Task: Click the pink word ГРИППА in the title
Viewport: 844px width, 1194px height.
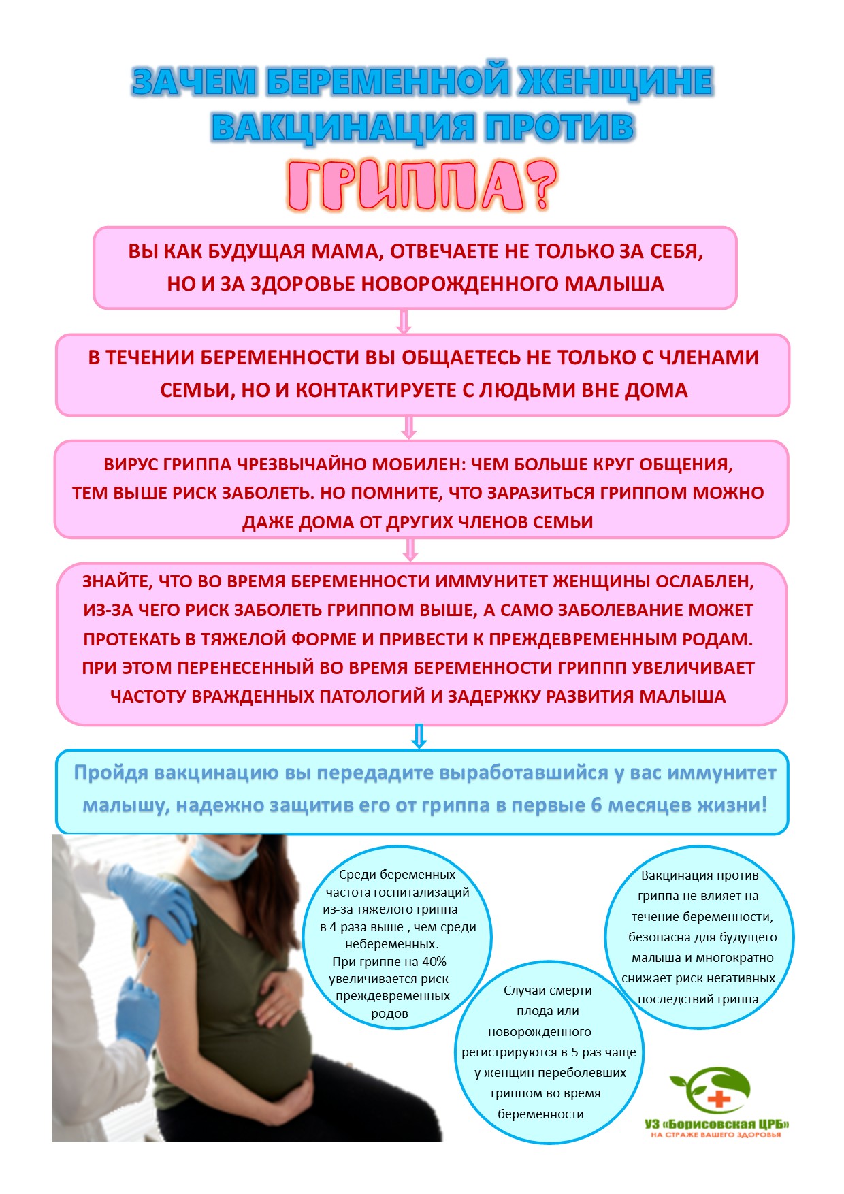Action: [x=405, y=186]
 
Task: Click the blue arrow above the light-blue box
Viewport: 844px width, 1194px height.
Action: [x=419, y=736]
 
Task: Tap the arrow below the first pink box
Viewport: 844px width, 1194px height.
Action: [x=404, y=321]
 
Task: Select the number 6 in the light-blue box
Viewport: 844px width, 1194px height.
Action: [x=596, y=805]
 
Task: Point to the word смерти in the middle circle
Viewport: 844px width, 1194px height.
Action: [x=570, y=990]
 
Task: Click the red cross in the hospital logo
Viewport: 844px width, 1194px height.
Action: [x=718, y=1099]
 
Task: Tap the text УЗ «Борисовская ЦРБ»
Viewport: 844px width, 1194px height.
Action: [x=716, y=1124]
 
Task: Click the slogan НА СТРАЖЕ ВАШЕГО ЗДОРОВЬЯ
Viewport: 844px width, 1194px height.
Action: [x=716, y=1135]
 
